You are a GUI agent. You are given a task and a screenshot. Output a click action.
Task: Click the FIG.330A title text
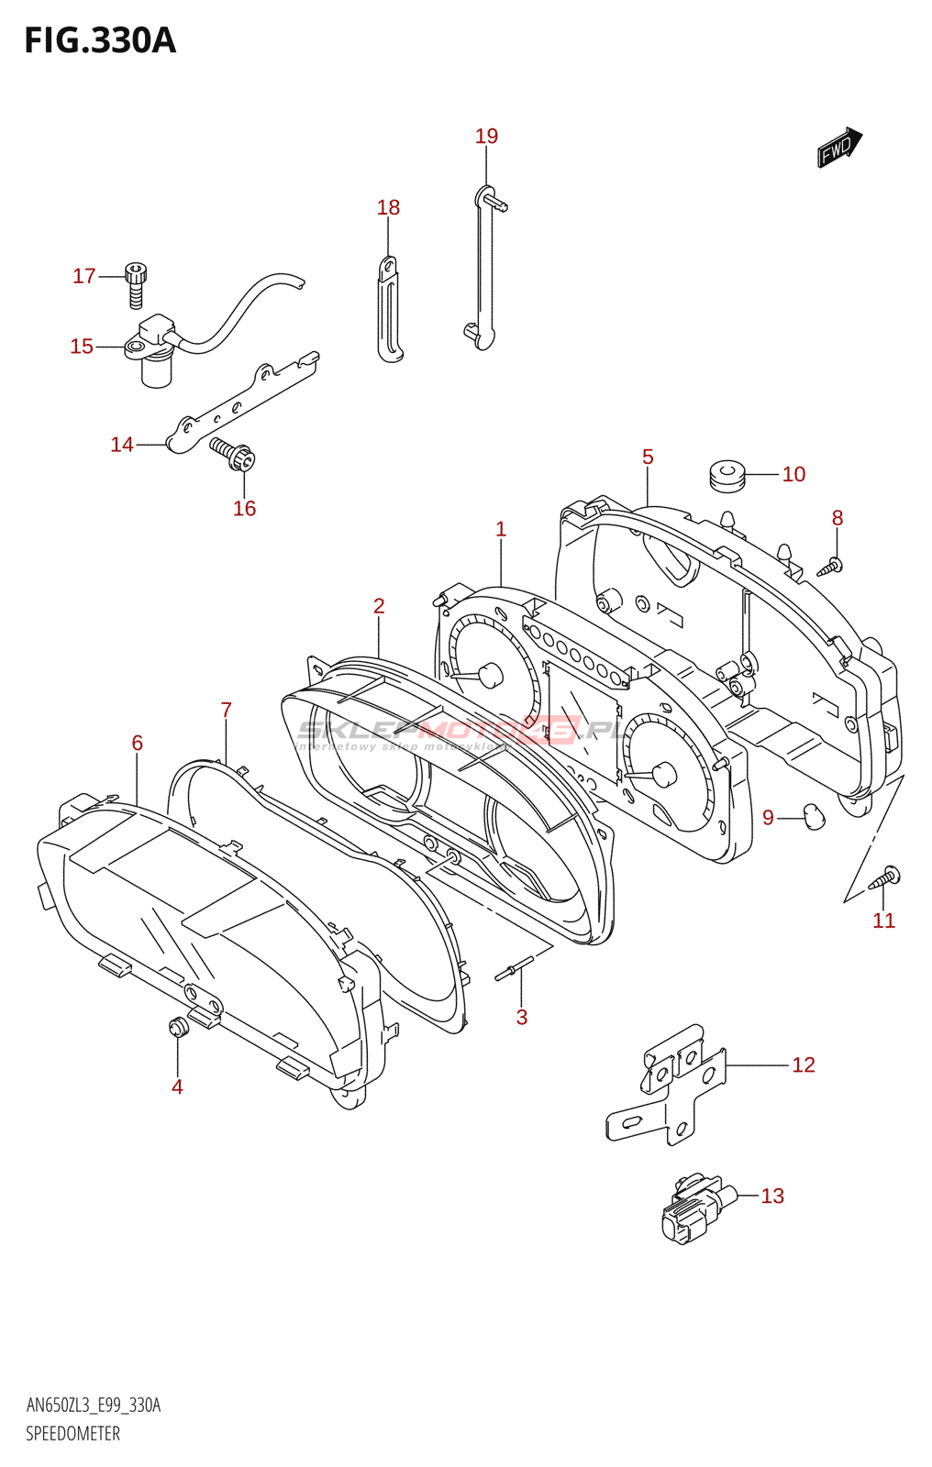pos(100,41)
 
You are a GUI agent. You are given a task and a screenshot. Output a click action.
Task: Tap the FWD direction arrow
pos(839,147)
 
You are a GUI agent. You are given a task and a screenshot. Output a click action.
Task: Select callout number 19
pos(486,137)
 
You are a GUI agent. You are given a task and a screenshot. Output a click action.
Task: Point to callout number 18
pos(388,208)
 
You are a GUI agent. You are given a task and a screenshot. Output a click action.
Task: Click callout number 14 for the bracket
pos(122,445)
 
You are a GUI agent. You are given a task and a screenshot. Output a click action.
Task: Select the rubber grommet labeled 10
pos(727,475)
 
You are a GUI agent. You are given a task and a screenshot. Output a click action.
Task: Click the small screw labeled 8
pos(831,566)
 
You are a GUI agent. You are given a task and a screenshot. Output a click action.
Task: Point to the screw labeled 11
pos(884,878)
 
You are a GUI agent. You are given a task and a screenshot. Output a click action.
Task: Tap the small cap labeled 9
pos(814,815)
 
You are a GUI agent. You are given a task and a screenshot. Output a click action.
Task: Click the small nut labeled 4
pos(178,1027)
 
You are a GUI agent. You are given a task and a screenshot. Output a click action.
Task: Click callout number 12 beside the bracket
pos(803,1065)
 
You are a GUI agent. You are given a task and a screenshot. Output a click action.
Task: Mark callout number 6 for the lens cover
pos(138,744)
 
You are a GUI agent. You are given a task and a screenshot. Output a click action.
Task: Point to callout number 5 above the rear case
pos(648,458)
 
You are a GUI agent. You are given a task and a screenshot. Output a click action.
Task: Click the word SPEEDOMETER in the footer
pos(72,1434)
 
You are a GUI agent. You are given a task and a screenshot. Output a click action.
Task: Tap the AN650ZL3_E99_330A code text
pos(93,1406)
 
